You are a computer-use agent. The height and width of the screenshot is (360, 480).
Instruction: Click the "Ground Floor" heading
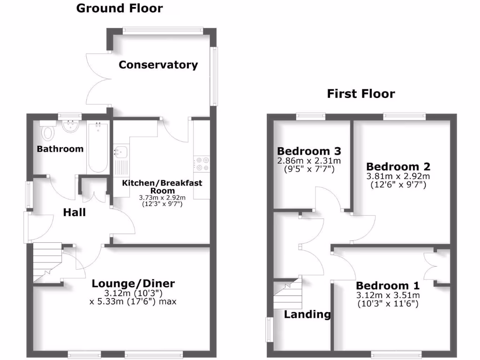pyautogui.click(x=120, y=8)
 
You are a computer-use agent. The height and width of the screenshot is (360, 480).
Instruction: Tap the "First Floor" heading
pyautogui.click(x=361, y=94)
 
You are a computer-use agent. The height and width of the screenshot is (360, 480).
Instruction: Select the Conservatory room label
pyautogui.click(x=158, y=65)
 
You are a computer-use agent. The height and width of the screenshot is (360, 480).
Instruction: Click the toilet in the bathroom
pyautogui.click(x=47, y=133)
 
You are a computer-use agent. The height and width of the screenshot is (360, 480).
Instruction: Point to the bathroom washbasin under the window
pyautogui.click(x=70, y=126)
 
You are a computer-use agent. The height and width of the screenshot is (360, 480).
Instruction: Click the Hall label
pyautogui.click(x=75, y=212)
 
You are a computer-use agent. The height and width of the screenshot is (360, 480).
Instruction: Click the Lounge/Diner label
pyautogui.click(x=133, y=284)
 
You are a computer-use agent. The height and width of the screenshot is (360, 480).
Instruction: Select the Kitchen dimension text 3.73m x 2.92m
pyautogui.click(x=162, y=198)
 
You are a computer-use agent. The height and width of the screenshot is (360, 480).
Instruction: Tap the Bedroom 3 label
pyautogui.click(x=308, y=151)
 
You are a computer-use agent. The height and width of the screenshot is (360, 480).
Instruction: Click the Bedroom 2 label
pyautogui.click(x=398, y=166)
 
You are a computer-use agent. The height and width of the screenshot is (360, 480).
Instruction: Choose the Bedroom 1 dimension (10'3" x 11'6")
pyautogui.click(x=388, y=304)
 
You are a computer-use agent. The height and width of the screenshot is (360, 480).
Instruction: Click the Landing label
pyautogui.click(x=307, y=315)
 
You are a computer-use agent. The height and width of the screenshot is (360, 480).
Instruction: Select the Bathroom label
pyautogui.click(x=60, y=149)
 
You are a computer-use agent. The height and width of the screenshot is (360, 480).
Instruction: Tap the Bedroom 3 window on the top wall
pyautogui.click(x=311, y=115)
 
